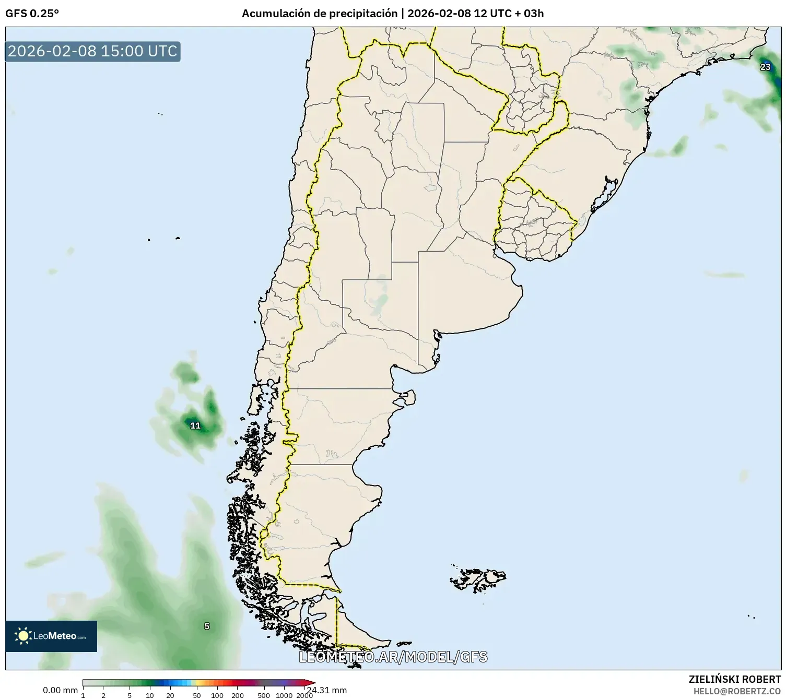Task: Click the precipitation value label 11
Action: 195,425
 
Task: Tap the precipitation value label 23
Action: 765,67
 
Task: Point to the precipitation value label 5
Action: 207,626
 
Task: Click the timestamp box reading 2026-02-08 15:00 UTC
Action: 93,51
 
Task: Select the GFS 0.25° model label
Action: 32,14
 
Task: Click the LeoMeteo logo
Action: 51,636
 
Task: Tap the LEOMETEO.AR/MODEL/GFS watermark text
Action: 393,657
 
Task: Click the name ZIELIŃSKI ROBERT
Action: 735,679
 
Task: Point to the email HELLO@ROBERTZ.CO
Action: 737,691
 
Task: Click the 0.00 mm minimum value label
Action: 60,690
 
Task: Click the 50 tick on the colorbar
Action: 196,695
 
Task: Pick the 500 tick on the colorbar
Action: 264,695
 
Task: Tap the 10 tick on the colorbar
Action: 150,695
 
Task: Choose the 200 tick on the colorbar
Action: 237,695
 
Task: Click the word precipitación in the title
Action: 362,14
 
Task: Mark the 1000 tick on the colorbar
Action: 284,695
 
